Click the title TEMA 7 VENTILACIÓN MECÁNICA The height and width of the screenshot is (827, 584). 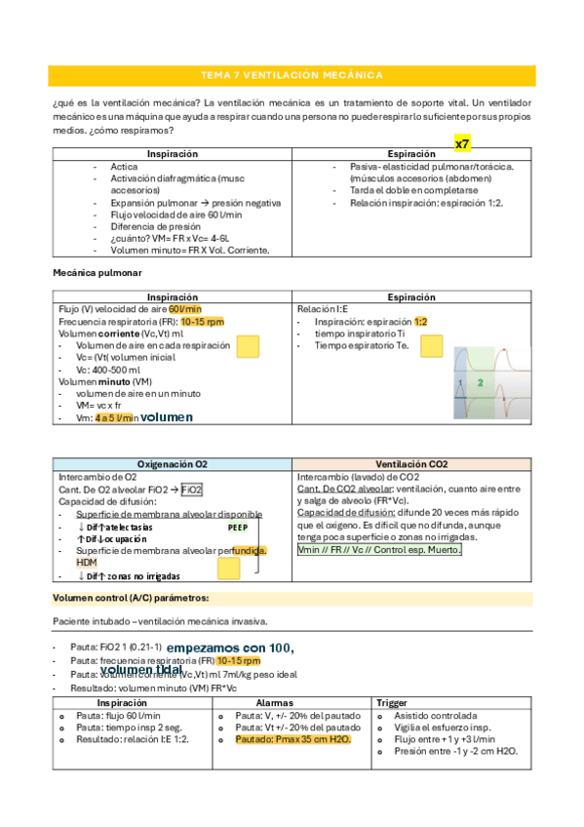291,75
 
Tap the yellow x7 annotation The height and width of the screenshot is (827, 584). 463,143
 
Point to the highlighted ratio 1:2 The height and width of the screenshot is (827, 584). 420,321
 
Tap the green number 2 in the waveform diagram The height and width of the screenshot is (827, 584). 480,382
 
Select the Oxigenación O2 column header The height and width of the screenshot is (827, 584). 173,464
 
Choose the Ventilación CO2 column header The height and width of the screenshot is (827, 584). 412,464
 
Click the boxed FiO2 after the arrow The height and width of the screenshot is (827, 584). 192,490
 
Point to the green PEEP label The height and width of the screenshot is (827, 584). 238,527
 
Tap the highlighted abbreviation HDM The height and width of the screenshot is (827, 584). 87,563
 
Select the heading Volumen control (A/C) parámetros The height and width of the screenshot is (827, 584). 131,597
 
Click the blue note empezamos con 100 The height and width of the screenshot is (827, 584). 230,648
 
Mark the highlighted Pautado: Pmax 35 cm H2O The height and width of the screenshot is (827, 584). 293,739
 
